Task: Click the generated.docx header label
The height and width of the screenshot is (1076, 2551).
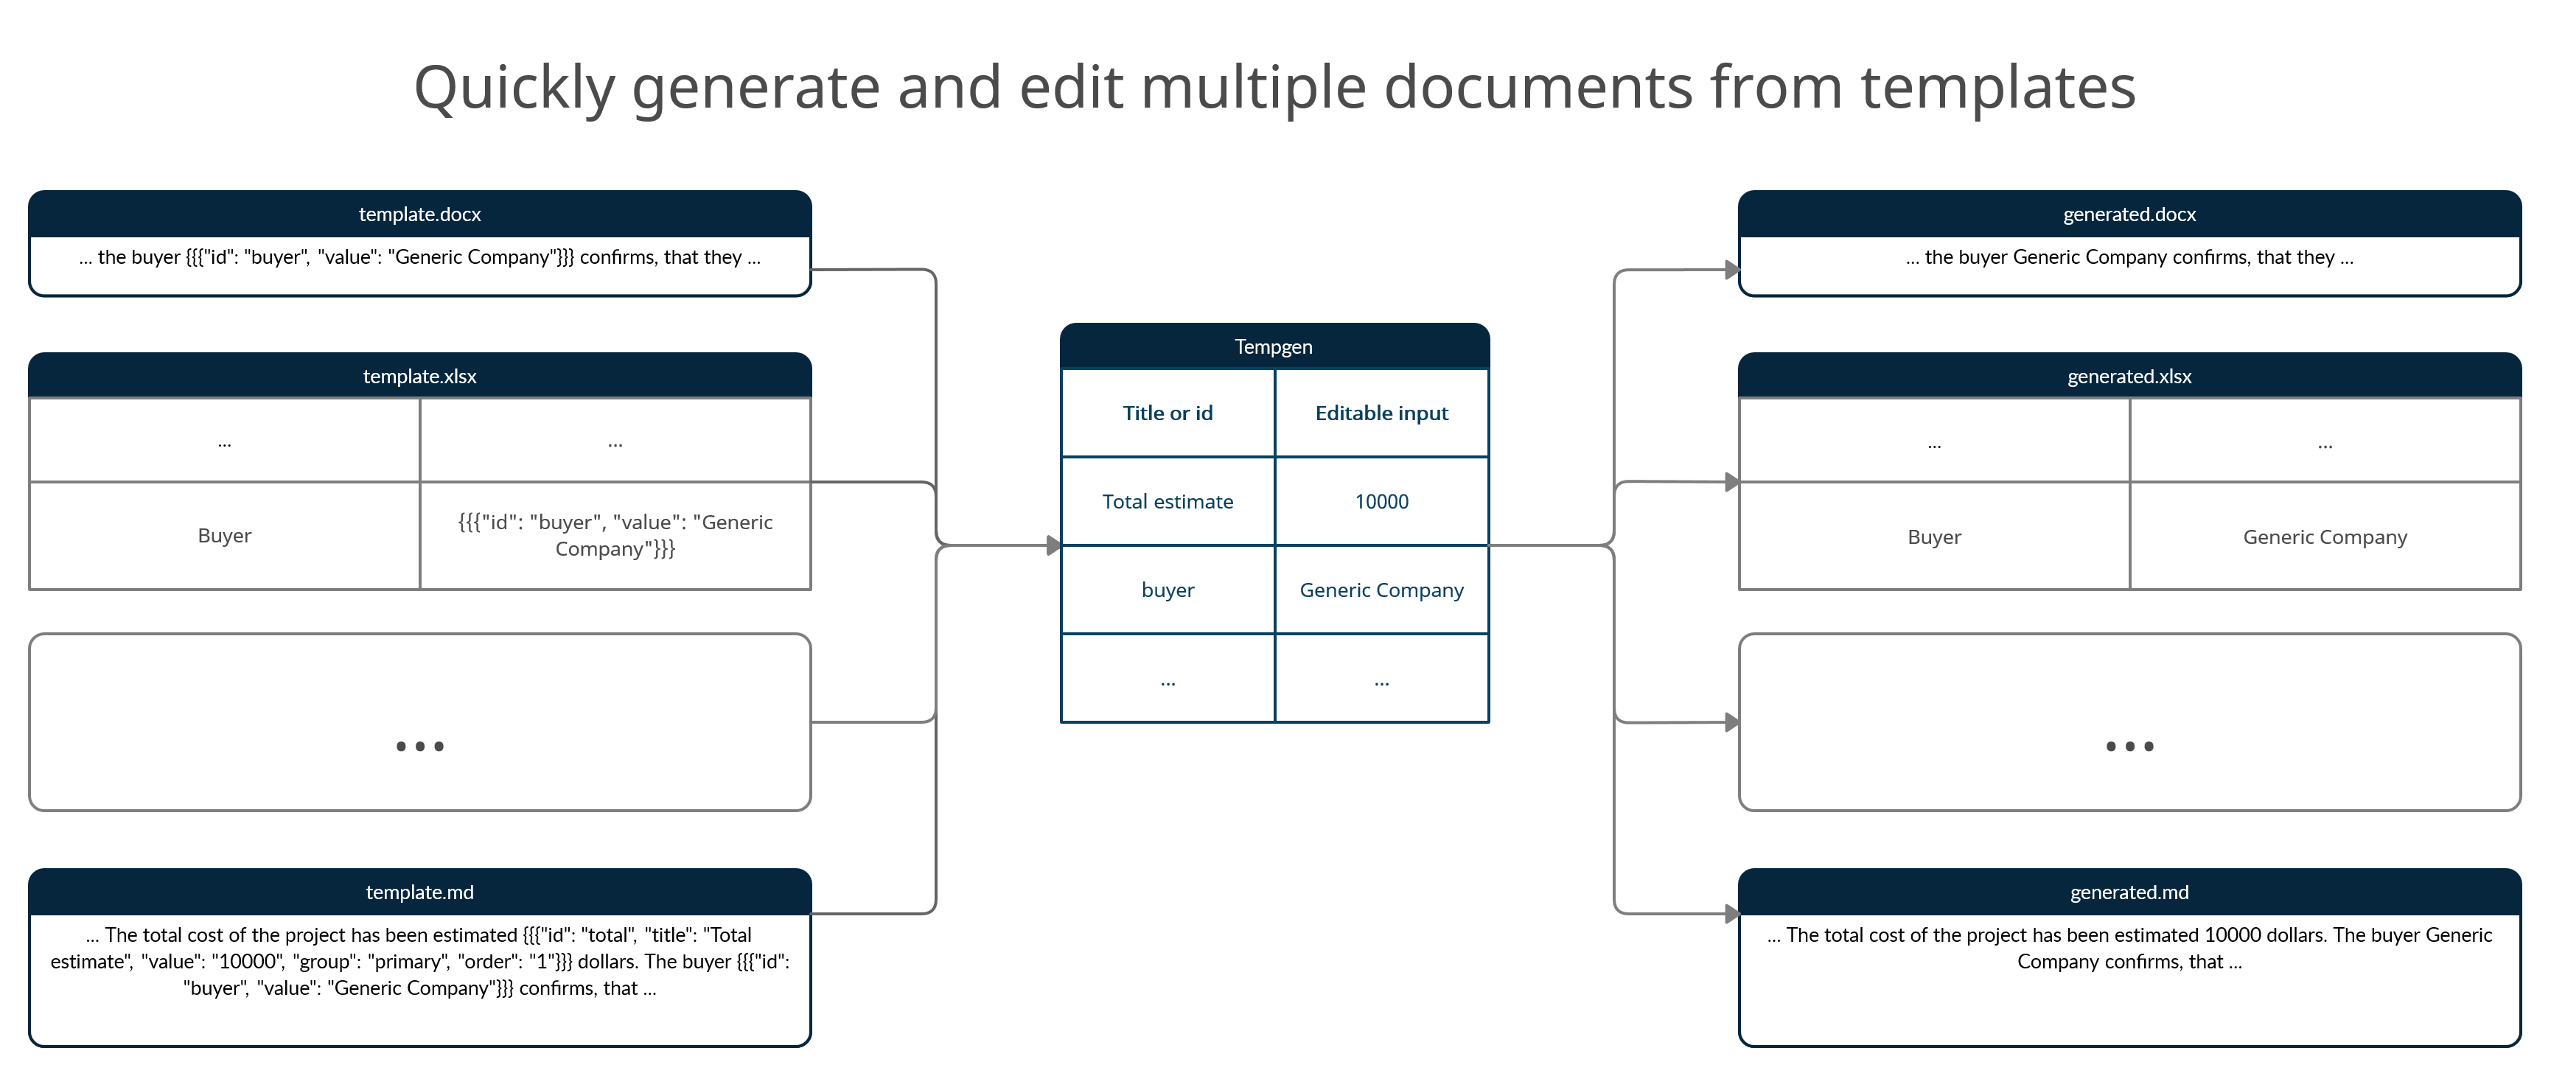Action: coord(2129,214)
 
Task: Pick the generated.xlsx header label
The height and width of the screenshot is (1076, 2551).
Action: coord(2129,376)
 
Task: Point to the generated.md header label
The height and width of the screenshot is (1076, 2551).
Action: coord(2129,892)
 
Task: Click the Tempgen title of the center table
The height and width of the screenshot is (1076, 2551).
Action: coord(1274,346)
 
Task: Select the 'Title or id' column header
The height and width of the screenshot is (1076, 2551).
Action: coord(1168,413)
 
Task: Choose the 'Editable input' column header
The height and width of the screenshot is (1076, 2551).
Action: coord(1381,413)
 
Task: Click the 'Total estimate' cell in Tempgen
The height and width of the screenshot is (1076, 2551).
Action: coord(1168,501)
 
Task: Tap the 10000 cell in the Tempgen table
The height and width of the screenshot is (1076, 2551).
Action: coord(1381,501)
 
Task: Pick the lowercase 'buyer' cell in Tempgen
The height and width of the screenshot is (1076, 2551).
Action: coord(1168,590)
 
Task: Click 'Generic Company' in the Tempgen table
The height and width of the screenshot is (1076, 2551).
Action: coord(1381,590)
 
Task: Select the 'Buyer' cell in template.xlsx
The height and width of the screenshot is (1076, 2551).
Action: coord(225,536)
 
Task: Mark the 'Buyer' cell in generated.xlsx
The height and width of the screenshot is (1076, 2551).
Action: coord(1934,537)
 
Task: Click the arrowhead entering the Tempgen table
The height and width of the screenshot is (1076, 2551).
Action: coord(1054,545)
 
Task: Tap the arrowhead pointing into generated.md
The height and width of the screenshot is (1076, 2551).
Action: coord(1732,912)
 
